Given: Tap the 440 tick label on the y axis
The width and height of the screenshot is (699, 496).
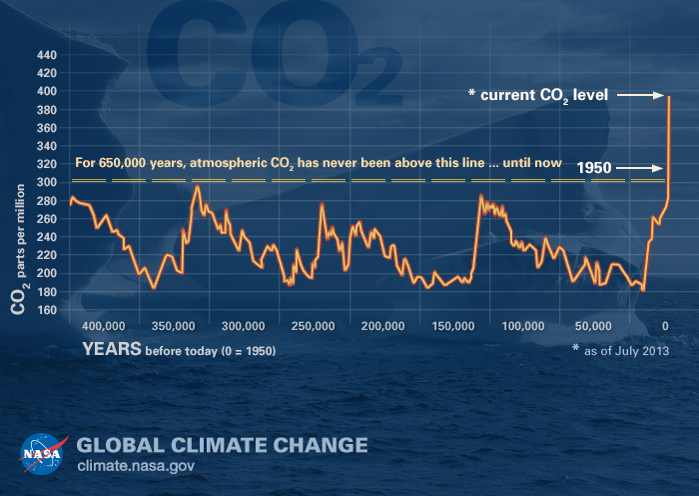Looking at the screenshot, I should [x=47, y=55].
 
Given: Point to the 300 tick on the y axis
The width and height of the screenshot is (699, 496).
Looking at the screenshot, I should [x=47, y=182].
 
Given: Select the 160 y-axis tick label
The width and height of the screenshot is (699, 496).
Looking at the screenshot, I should [x=47, y=309].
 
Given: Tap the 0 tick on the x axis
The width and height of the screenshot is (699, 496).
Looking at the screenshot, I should [x=666, y=327].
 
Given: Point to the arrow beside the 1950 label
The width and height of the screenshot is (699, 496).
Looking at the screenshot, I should [x=641, y=169].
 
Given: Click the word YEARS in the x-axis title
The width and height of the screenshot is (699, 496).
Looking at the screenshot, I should [x=111, y=350].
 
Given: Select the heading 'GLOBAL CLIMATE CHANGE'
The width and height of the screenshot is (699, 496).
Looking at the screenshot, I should [x=222, y=444].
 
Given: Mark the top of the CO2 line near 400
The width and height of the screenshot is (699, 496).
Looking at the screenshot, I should [x=667, y=96].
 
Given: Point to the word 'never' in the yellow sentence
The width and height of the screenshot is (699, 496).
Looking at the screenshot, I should [x=368, y=162].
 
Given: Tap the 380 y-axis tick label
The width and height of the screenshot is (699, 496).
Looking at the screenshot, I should [x=47, y=109].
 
